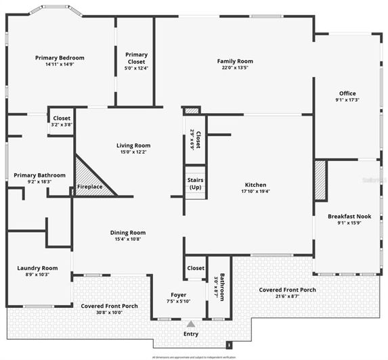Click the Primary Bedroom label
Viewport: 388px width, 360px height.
point(59,58)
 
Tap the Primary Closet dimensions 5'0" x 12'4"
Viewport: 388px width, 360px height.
point(136,68)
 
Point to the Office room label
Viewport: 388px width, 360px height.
point(347,93)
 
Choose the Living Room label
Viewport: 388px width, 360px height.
point(133,145)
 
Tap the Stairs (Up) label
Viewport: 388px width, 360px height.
point(195,183)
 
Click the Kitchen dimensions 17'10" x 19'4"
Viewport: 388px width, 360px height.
point(255,192)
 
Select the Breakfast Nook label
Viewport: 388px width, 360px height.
point(349,216)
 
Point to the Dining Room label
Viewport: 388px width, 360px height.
point(128,232)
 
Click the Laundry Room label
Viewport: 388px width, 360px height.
point(37,268)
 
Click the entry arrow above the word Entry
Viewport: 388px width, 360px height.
point(190,324)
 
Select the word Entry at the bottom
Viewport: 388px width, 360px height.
point(191,334)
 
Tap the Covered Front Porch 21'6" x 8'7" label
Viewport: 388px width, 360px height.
point(287,290)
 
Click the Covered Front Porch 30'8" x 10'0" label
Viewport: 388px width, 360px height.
point(110,306)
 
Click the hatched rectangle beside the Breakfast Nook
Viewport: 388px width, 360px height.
point(320,180)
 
